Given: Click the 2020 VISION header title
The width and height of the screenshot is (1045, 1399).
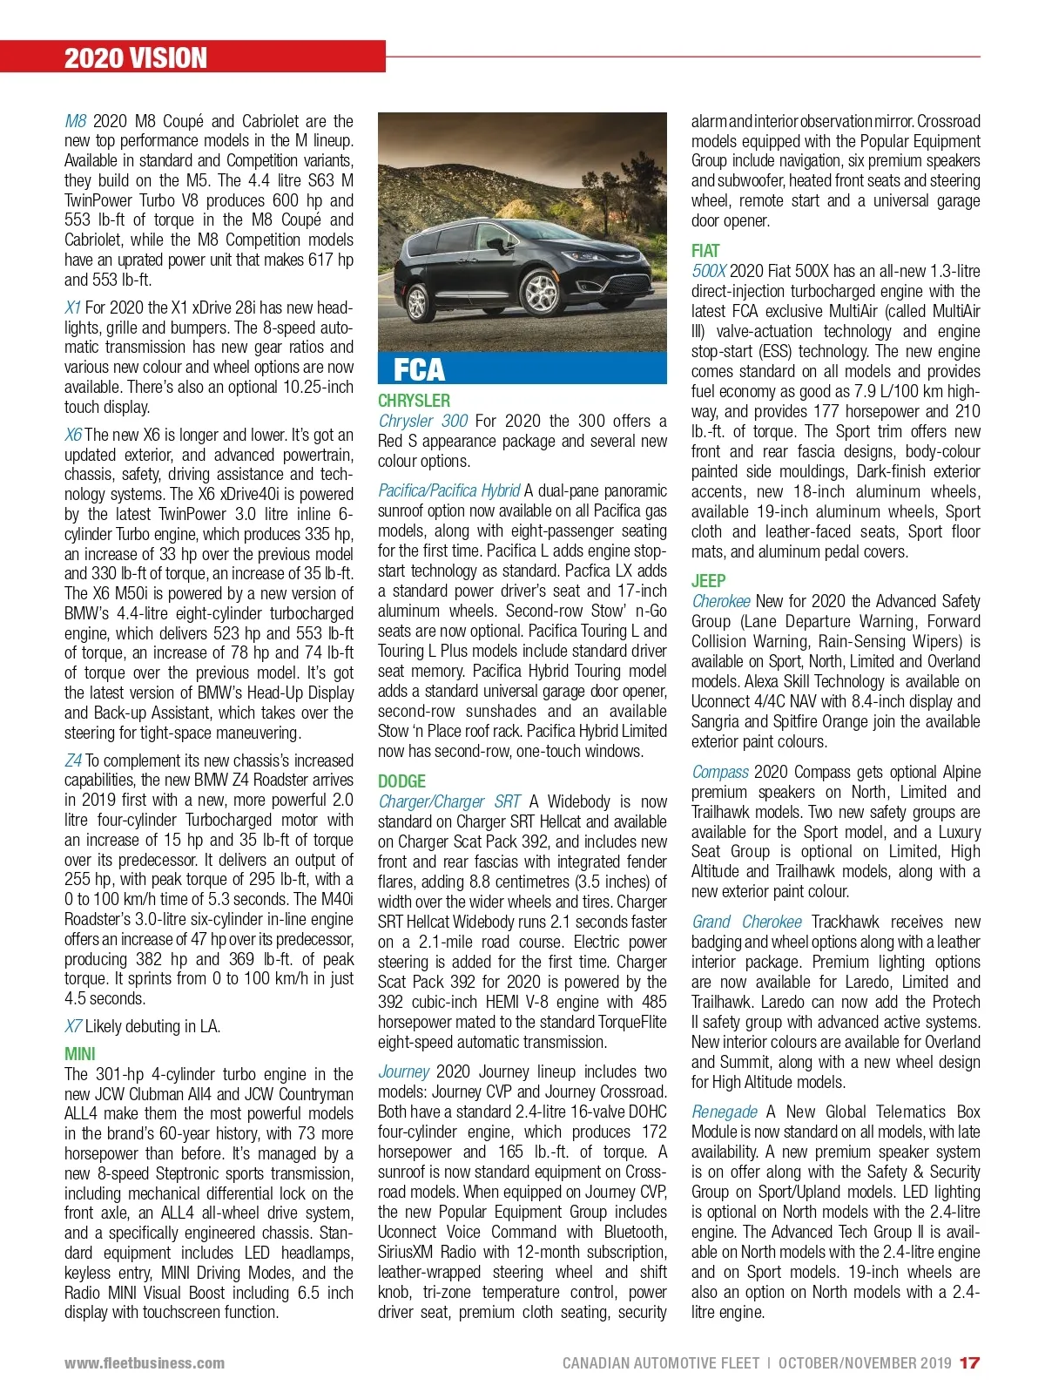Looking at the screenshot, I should pyautogui.click(x=136, y=58).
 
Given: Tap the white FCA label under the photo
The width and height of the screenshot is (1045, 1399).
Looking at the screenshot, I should pyautogui.click(x=419, y=369).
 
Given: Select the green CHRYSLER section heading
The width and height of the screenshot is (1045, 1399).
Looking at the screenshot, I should pyautogui.click(x=414, y=401).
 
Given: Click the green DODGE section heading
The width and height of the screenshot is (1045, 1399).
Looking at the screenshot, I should pyautogui.click(x=401, y=781).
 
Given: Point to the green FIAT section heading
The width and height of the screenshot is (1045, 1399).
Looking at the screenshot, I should pyautogui.click(x=705, y=251).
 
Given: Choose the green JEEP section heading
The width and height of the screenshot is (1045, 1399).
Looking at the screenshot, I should pyautogui.click(x=708, y=581).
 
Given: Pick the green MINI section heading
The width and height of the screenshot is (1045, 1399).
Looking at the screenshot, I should pyautogui.click(x=80, y=1054).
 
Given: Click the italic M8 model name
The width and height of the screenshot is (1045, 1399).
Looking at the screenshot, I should pyautogui.click(x=76, y=121).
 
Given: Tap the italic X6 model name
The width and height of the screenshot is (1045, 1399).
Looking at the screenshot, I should pyautogui.click(x=73, y=435).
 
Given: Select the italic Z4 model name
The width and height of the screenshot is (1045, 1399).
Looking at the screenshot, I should pyautogui.click(x=73, y=760).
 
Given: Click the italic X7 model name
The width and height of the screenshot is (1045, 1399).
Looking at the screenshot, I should pyautogui.click(x=73, y=1026).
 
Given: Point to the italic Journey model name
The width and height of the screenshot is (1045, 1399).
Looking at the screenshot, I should pyautogui.click(x=403, y=1071).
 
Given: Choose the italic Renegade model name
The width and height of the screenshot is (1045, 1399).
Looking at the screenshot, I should pyautogui.click(x=725, y=1112).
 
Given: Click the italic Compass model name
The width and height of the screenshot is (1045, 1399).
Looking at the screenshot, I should pyautogui.click(x=720, y=772).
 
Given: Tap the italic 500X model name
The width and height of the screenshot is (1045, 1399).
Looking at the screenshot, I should pyautogui.click(x=709, y=271).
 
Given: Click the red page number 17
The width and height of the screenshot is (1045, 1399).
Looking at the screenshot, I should pyautogui.click(x=969, y=1363).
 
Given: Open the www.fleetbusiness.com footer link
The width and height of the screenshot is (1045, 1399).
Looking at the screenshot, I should pyautogui.click(x=145, y=1363).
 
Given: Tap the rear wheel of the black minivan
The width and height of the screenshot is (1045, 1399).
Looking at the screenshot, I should pyautogui.click(x=417, y=301).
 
